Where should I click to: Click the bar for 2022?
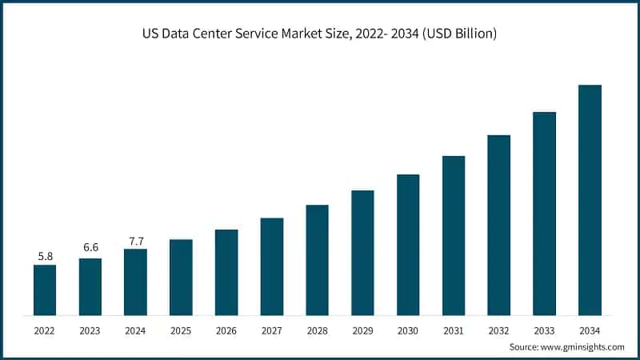point(45,289)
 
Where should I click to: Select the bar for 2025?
point(181,276)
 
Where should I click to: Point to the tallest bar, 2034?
point(590,199)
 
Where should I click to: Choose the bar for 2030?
point(408,243)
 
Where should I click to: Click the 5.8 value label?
point(45,256)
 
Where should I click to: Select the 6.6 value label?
point(90,249)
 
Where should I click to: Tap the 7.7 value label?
point(136,240)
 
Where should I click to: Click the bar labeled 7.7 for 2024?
point(136,281)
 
